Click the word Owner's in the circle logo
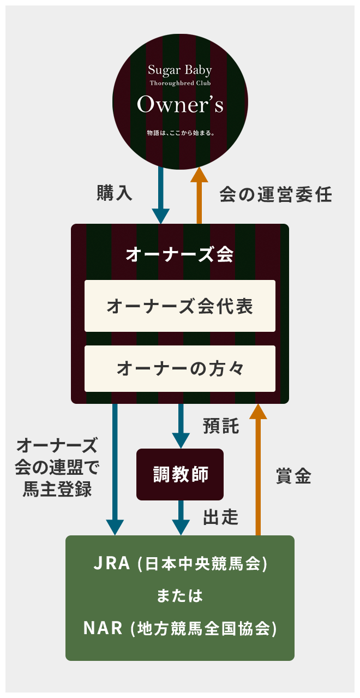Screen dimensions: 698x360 coord(180,105)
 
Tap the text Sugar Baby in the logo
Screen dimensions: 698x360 coord(180,70)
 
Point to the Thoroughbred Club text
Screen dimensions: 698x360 coord(180,83)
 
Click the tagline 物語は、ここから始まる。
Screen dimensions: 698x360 coord(180,133)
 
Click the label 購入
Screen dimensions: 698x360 coord(115,194)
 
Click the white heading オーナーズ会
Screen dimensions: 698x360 coord(180,254)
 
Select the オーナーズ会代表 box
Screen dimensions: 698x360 coord(180,306)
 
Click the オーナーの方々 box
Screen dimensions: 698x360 coord(180,369)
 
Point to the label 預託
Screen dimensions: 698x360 coord(221,426)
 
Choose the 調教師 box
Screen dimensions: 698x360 coord(180,474)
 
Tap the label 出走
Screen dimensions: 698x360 coord(221,517)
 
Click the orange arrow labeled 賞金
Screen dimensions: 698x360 coord(258,469)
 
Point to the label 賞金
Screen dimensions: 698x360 coord(293,476)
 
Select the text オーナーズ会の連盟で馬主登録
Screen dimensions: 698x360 coord(57,467)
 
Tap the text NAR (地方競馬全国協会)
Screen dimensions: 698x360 coord(180,628)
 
